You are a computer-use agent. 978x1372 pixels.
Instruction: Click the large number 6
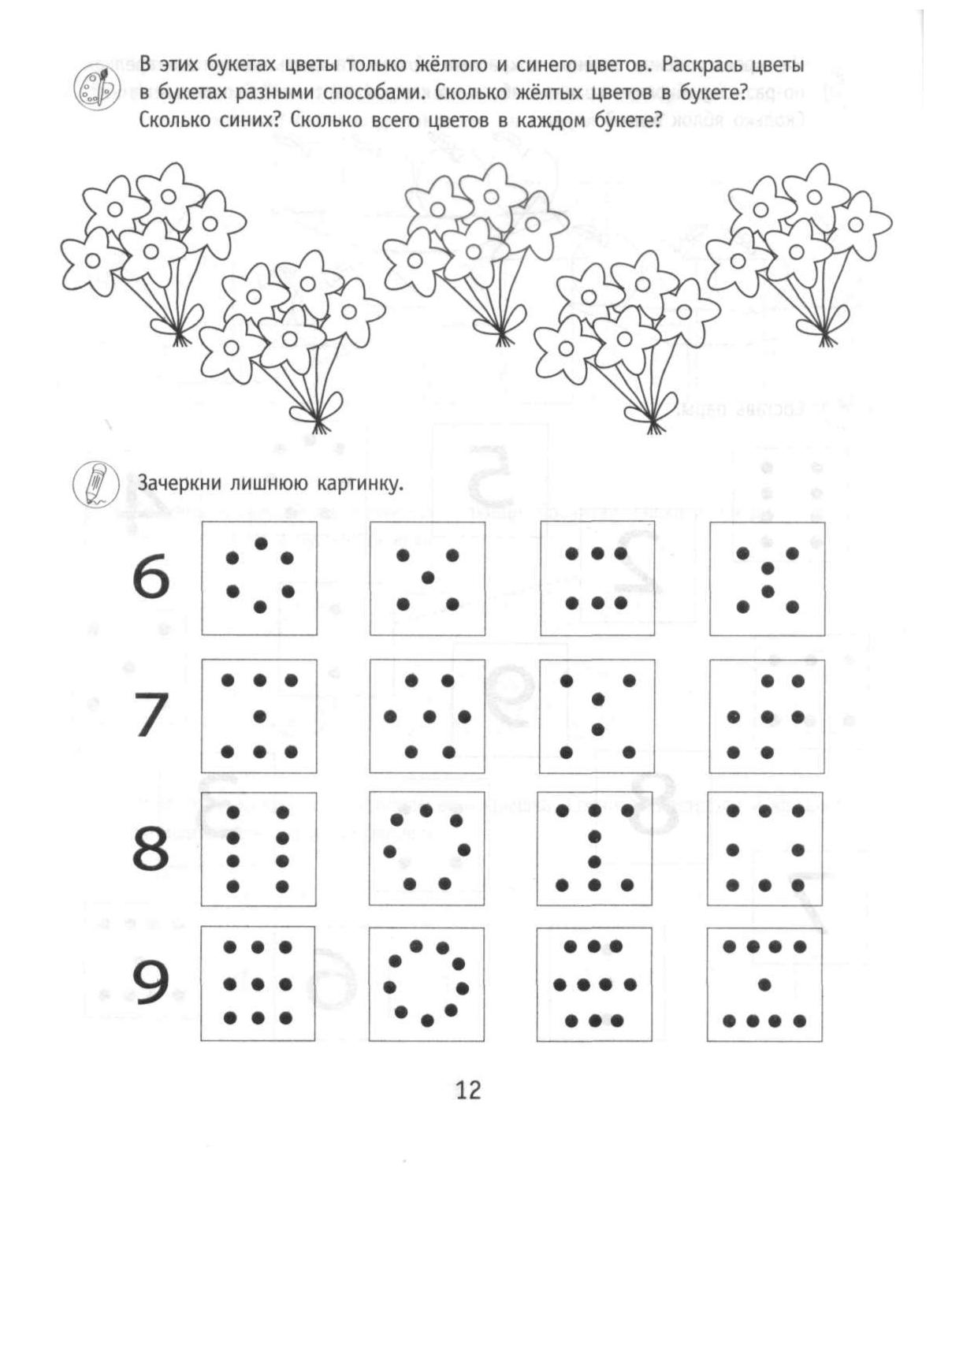pos(151,577)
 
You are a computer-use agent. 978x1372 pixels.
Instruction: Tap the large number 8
pos(151,850)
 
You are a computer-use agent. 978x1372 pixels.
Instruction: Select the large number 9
pos(151,984)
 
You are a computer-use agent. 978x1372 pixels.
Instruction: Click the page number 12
pos(467,1090)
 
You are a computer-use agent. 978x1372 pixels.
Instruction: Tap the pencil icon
pos(96,482)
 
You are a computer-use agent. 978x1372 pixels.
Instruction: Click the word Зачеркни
pos(179,483)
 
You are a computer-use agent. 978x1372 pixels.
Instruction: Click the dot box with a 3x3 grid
pos(258,983)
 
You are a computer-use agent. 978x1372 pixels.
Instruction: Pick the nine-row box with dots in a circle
pos(426,983)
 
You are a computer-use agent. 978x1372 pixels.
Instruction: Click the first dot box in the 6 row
pos(258,577)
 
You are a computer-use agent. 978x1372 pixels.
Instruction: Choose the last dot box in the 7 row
pos(767,716)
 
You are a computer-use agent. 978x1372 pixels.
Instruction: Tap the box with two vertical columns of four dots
pos(258,849)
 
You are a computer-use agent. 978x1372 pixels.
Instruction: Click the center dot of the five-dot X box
pos(428,578)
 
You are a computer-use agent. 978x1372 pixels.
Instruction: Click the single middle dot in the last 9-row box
pos(764,983)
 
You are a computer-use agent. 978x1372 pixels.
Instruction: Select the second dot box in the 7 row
pos(427,716)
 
